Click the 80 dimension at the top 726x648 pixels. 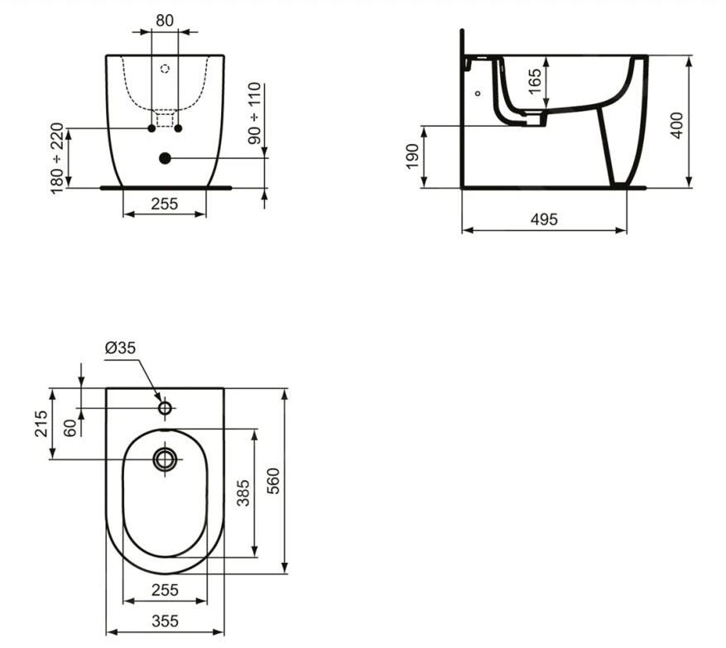(x=165, y=21)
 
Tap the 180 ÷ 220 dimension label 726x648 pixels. (x=56, y=158)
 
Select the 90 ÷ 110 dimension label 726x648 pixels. (x=255, y=113)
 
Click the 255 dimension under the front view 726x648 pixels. (x=165, y=204)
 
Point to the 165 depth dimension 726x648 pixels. (x=534, y=81)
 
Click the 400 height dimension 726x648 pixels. (x=677, y=125)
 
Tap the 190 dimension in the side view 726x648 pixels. (x=412, y=156)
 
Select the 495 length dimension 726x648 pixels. (x=544, y=219)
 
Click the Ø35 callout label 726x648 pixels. (x=121, y=348)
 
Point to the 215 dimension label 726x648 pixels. (x=41, y=423)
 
